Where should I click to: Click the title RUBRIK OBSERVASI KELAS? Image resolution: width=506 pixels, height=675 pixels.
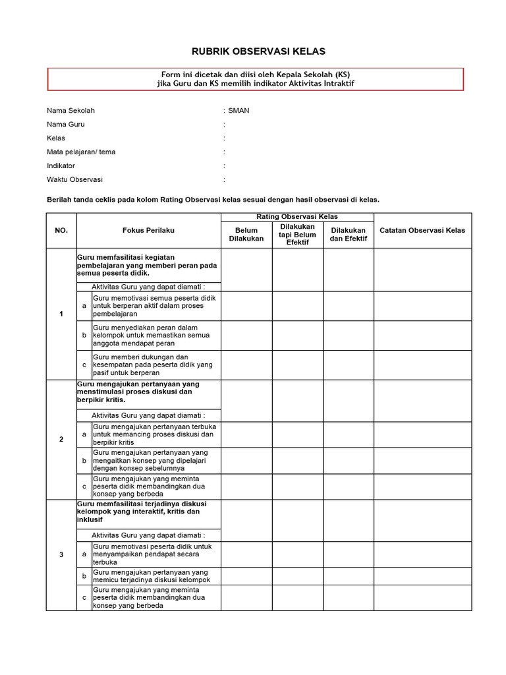[x=249, y=51]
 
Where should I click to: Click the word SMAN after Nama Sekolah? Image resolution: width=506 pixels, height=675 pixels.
[x=239, y=111]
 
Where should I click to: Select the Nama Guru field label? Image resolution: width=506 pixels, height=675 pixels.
[x=65, y=125]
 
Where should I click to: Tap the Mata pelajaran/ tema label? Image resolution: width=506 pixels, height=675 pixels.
[x=81, y=152]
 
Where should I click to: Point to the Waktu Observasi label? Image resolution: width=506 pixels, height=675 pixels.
[x=74, y=179]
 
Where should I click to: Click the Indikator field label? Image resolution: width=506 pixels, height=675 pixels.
[x=61, y=165]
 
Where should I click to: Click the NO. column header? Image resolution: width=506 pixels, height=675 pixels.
[x=61, y=230]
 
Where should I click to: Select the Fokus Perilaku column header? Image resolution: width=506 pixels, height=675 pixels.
[x=148, y=230]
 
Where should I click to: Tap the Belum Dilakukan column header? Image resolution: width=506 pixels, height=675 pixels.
[x=246, y=234]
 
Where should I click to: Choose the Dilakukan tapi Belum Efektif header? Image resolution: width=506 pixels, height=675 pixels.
[x=298, y=234]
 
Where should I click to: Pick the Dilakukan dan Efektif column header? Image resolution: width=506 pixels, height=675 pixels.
[x=349, y=234]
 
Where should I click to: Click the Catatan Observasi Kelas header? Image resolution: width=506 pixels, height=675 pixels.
[x=422, y=230]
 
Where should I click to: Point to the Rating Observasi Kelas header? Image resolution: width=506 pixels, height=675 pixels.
[x=297, y=217]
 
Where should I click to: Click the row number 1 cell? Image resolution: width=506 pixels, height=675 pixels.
[x=61, y=314]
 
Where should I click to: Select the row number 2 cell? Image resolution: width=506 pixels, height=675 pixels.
[x=61, y=439]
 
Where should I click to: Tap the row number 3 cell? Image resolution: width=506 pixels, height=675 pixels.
[x=61, y=554]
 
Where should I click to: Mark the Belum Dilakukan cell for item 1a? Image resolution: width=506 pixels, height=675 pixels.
[x=246, y=307]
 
